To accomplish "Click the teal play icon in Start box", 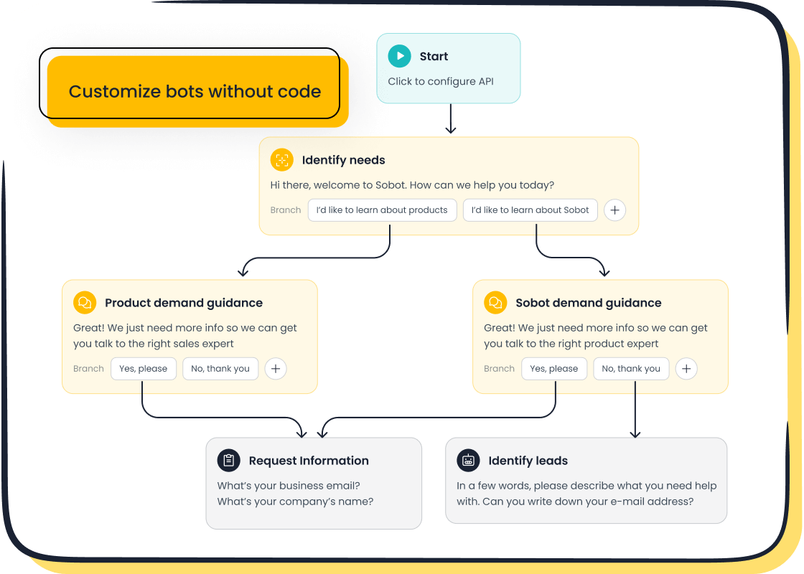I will pos(399,56).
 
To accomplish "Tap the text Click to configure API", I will pos(441,81).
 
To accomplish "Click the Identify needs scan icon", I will pos(281,160).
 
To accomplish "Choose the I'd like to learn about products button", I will pos(382,210).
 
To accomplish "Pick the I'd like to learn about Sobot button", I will pos(530,210).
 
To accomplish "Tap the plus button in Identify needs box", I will pos(614,210).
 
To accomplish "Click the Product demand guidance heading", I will pos(183,303).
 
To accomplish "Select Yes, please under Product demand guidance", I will pos(144,369).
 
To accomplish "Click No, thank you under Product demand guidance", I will pos(220,369).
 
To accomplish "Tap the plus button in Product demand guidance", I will pos(276,369).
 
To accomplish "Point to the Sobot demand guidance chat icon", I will pos(495,303).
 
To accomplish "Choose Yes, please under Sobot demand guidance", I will pos(553,369).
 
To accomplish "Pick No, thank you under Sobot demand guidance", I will pos(631,369).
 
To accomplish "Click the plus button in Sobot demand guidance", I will pos(686,369).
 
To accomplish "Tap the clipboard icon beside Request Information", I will pos(228,461).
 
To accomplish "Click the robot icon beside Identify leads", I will pos(468,461).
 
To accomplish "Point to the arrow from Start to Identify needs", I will pos(450,119).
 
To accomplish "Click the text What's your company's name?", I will pos(295,502).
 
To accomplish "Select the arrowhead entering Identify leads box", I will pos(635,433).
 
